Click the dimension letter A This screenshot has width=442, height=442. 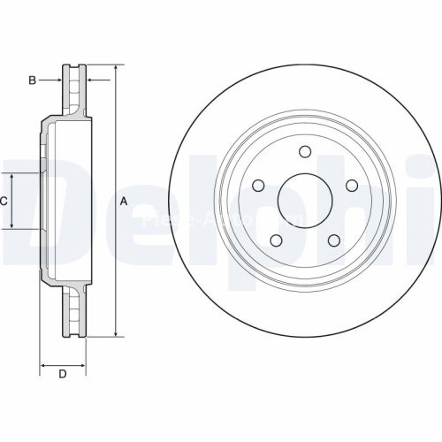pos(124,202)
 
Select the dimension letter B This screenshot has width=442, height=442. pos(32,80)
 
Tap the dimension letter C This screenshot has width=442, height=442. pos(4,202)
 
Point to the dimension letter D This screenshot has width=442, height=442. pos(62,375)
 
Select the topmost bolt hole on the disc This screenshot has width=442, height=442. pos(305,151)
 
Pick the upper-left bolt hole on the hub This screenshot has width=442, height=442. pos(258,186)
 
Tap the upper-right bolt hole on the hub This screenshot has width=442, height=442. pos(352,185)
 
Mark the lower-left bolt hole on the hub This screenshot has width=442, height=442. pos(276,240)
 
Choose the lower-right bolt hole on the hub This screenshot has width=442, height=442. pos(334,240)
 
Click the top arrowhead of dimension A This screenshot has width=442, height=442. pos(116,68)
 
